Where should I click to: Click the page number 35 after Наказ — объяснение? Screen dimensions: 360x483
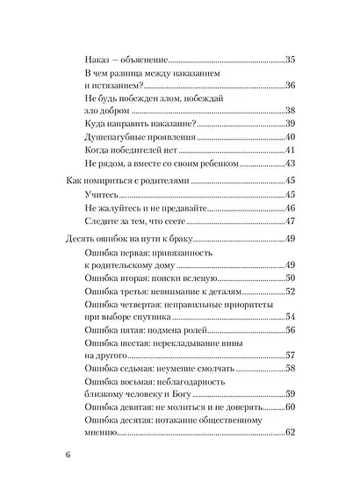291,59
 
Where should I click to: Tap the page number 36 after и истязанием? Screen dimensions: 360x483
291,85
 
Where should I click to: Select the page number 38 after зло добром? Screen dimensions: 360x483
291,111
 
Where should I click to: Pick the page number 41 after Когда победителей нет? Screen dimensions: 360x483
291,150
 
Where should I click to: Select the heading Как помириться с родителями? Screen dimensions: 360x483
127,181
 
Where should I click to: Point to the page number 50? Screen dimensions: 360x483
291,278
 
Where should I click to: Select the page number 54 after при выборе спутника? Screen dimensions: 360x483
291,317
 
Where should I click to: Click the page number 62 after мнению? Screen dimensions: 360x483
291,433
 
